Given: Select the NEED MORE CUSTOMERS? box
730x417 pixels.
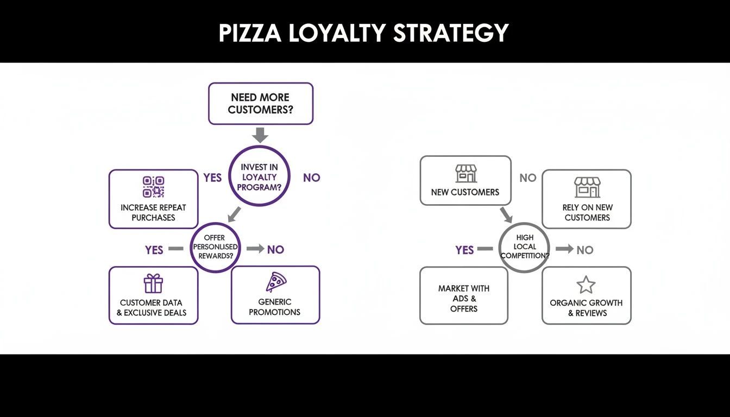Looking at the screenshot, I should click(261, 104).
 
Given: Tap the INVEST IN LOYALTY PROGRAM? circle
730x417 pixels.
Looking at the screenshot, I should click(259, 176).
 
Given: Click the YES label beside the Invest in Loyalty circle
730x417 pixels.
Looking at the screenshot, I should click(212, 178).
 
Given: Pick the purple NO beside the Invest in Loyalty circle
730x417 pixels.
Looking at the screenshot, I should click(311, 178).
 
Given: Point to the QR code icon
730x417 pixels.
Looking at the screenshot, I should click(153, 187).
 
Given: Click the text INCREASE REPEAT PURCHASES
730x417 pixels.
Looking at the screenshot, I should click(153, 212).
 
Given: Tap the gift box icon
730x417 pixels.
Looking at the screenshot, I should click(153, 283).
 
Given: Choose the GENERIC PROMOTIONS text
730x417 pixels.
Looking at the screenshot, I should click(275, 307).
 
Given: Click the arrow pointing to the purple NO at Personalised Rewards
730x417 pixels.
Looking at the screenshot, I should click(255, 249).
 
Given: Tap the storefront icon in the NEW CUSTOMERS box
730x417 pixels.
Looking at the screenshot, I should click(465, 174).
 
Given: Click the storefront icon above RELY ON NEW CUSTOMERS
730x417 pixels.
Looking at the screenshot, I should click(587, 187).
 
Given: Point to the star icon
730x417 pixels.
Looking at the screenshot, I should click(586, 285).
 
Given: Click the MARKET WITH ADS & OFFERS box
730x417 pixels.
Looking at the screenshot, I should click(464, 295).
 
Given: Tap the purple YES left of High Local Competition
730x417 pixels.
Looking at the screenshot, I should click(464, 250).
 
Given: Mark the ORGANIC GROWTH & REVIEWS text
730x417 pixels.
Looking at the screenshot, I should click(586, 308).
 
